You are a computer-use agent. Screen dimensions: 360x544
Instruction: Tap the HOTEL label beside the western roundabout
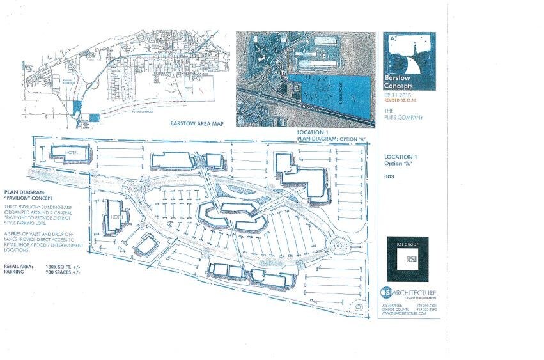point(116,217)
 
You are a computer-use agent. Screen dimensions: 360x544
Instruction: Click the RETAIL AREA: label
point(19,265)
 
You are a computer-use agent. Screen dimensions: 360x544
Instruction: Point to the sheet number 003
point(388,176)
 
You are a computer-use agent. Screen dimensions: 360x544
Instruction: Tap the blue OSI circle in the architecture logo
point(384,293)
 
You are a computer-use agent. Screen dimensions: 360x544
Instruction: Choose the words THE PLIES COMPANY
point(397,113)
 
